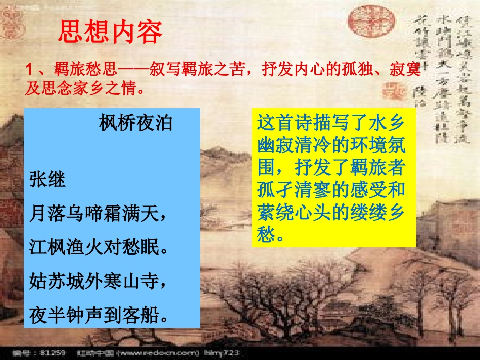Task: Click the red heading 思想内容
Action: click(x=110, y=32)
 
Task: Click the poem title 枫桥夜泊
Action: click(x=135, y=123)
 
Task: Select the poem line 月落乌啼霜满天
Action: click(x=98, y=214)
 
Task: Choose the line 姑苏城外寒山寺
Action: click(x=98, y=280)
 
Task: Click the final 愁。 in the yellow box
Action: click(x=273, y=234)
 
